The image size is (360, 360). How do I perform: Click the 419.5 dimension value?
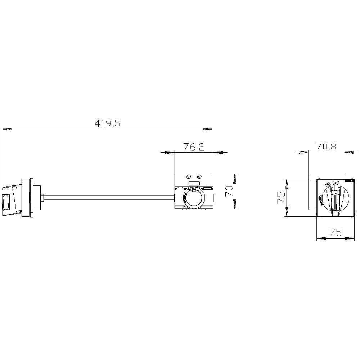coord(107,123)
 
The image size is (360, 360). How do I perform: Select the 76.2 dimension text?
coord(194,147)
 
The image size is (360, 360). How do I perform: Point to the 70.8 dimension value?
coord(326,147)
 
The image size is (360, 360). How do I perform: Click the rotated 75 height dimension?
coord(282,197)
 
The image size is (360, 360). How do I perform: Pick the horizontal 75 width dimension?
coord(335,233)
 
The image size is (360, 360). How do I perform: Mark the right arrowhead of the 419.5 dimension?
coord(208,129)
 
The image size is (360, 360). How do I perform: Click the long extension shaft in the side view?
coord(108,197)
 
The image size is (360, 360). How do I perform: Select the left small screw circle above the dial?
coord(188,177)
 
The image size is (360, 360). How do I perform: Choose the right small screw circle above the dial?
coord(199,177)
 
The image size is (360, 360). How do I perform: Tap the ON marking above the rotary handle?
coord(335,183)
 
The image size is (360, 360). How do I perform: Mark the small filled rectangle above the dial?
coord(194,183)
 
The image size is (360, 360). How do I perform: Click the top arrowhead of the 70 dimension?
coord(235,177)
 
